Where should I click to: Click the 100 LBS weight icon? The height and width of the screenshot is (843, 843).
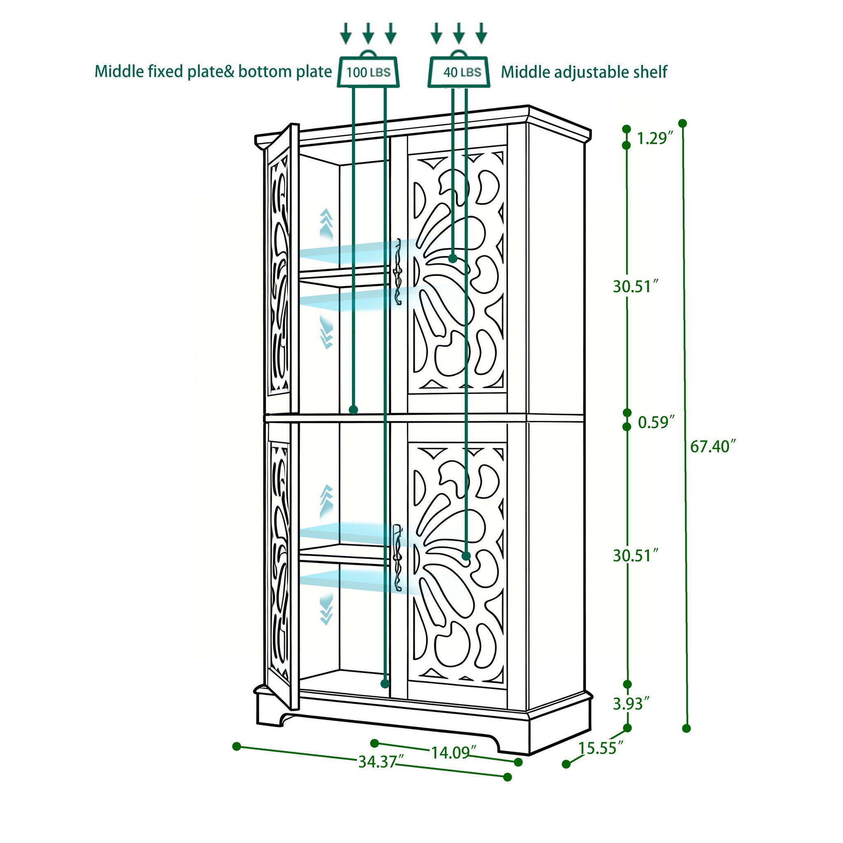point(368,71)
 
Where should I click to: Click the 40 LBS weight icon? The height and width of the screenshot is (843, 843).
point(459,71)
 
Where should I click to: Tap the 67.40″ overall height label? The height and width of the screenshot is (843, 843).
point(713,446)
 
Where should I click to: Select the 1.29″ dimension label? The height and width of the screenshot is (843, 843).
point(652,138)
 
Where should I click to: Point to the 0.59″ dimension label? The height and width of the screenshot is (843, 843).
point(656,422)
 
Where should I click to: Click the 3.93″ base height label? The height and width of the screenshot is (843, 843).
point(631,703)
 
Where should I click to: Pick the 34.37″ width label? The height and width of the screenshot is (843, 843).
point(377,762)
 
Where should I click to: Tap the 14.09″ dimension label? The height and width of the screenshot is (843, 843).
point(450,753)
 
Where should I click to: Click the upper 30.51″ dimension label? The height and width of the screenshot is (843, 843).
point(635,286)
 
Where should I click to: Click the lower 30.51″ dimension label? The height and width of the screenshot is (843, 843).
point(635,555)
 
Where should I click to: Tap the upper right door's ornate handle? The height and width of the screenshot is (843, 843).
point(398,272)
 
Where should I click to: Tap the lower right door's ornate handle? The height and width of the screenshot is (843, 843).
point(398,558)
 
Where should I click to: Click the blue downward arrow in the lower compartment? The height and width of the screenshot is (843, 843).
point(326,610)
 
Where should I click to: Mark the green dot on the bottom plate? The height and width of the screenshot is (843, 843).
point(385,683)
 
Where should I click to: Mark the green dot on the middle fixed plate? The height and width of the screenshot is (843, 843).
point(354,410)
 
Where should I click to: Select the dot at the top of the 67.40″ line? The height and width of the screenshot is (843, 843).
point(682,123)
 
